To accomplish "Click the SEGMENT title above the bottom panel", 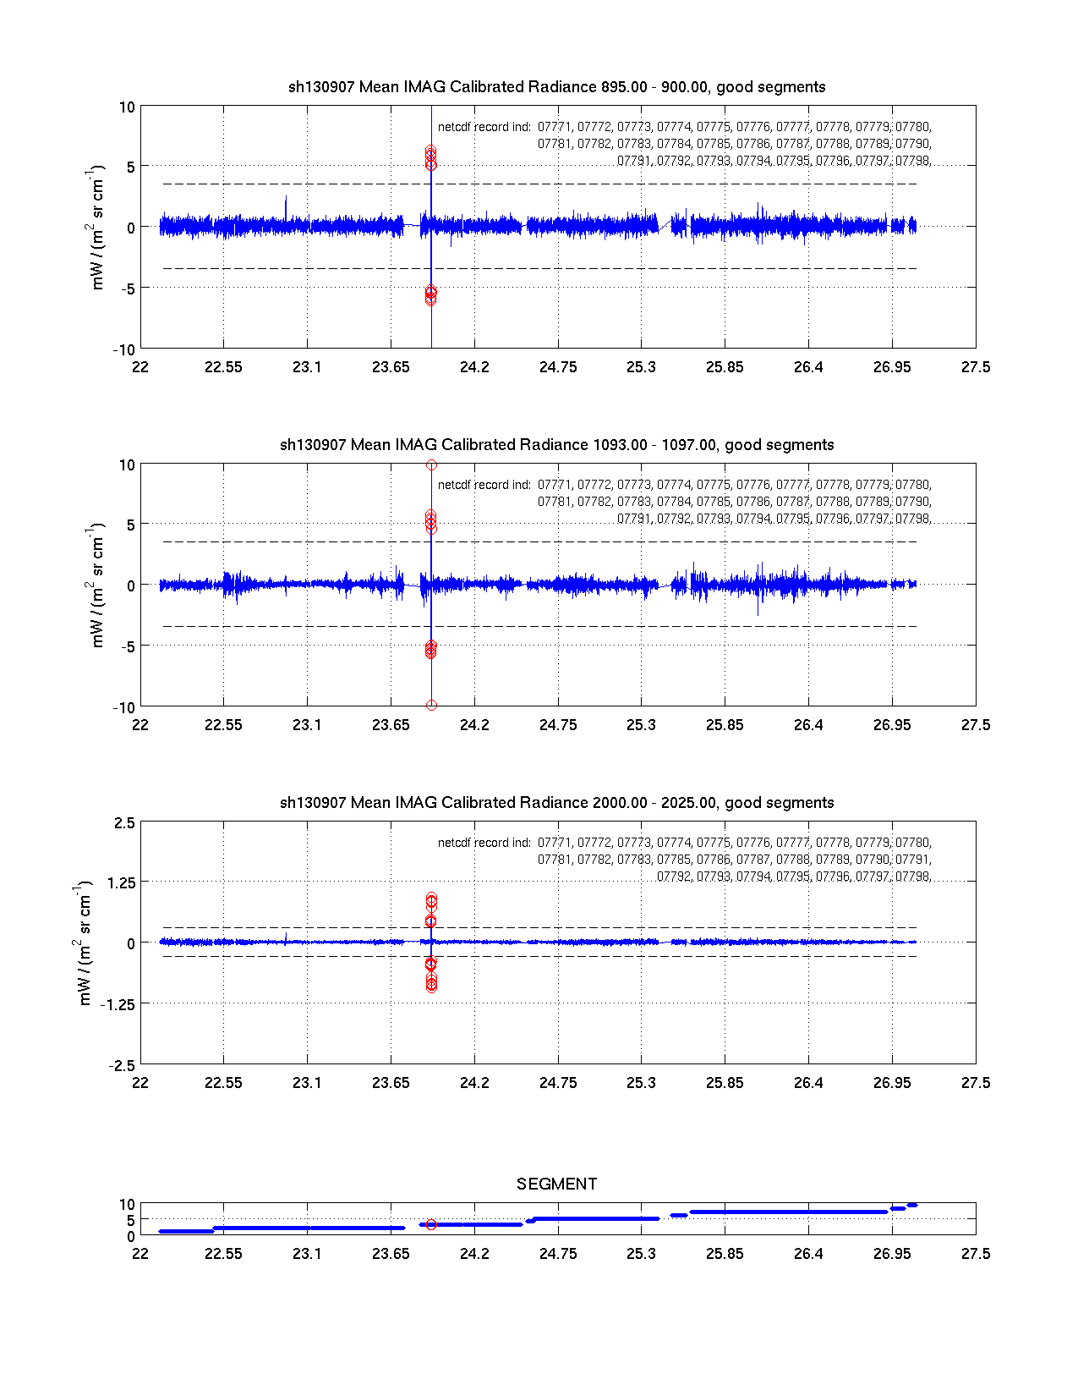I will click(x=556, y=1184).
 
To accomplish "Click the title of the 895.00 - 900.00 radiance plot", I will click(x=556, y=87).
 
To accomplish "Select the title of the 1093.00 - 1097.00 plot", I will click(x=556, y=445).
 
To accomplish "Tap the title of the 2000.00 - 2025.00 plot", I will click(x=556, y=803).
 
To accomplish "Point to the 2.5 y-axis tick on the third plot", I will click(x=123, y=823).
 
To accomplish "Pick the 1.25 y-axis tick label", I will click(x=120, y=883).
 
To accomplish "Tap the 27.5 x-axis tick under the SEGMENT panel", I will click(x=975, y=1254).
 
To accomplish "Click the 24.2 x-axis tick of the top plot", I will click(x=474, y=367).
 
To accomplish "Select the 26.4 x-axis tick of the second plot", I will click(x=808, y=725).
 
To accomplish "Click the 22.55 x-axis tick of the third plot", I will click(x=223, y=1083).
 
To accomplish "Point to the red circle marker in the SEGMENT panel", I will click(x=431, y=1224).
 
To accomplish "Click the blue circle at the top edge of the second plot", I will click(x=431, y=465).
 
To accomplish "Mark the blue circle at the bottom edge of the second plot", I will click(x=431, y=705).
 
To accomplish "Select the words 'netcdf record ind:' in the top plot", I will click(x=484, y=128).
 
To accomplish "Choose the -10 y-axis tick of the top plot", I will click(x=125, y=350).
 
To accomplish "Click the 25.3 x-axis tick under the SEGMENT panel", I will click(x=641, y=1254).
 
